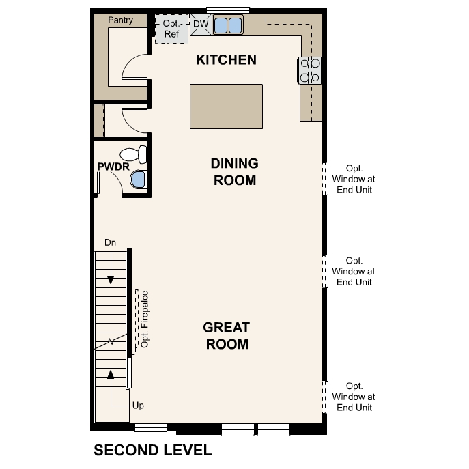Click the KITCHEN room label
click(x=226, y=60)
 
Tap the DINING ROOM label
click(x=234, y=172)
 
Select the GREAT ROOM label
click(x=226, y=336)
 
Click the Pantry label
click(x=120, y=20)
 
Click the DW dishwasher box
click(x=200, y=24)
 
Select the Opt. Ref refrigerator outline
click(x=171, y=29)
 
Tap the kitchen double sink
click(x=228, y=26)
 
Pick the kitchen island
click(x=226, y=106)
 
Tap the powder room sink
click(x=139, y=180)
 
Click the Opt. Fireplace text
click(x=145, y=319)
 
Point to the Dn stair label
click(x=110, y=242)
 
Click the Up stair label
click(x=139, y=406)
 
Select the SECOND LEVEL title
click(x=153, y=451)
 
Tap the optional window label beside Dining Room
click(x=354, y=179)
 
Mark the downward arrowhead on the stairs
click(x=110, y=280)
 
